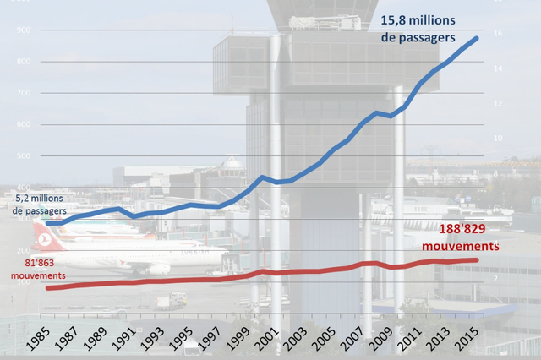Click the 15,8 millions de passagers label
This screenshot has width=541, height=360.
(x=418, y=30)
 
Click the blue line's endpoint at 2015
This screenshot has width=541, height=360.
(x=477, y=38)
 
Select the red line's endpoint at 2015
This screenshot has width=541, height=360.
(x=477, y=260)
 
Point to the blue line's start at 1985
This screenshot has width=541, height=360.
(x=48, y=223)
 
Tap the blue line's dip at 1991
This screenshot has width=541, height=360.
(x=133, y=216)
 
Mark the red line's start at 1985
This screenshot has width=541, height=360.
(x=48, y=288)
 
